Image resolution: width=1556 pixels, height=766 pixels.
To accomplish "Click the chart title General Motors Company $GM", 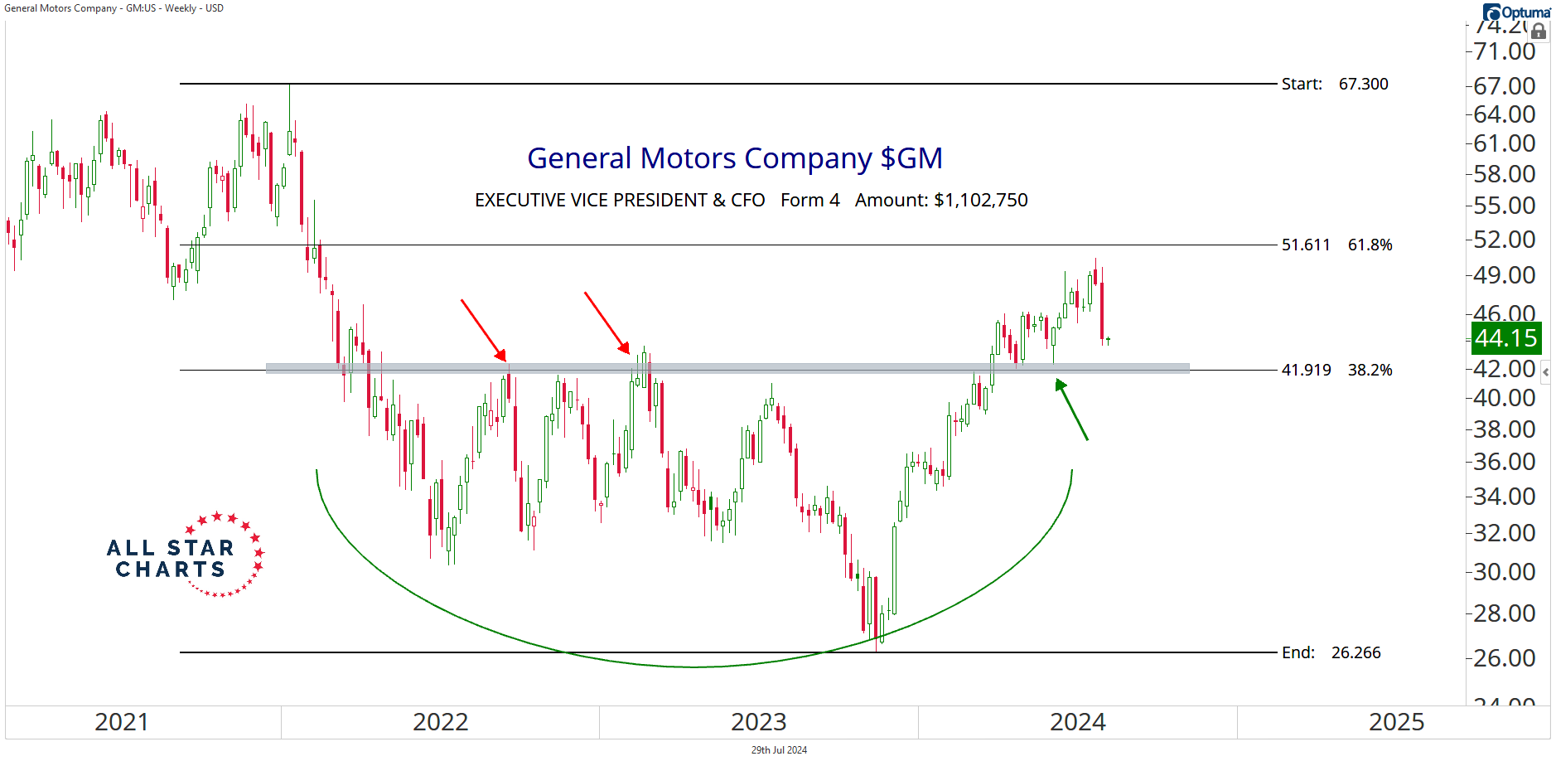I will click(734, 158).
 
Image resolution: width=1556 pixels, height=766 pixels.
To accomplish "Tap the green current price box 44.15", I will click(1505, 338).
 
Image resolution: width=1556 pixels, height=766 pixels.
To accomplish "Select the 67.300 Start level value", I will click(1363, 84).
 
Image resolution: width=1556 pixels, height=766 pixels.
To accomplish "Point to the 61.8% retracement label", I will click(1370, 245).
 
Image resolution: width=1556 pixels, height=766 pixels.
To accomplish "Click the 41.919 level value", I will click(1306, 370).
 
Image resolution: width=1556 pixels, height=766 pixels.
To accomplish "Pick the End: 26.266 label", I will click(1331, 652).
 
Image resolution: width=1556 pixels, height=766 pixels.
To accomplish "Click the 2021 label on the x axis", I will click(121, 722).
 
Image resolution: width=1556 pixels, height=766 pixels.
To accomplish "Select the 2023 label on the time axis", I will click(758, 722).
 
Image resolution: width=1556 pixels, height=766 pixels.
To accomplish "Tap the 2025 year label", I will click(1396, 722).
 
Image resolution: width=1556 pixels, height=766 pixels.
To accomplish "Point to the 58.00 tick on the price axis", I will click(1504, 174).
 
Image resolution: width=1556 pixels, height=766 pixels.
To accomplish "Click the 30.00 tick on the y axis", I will click(1504, 572).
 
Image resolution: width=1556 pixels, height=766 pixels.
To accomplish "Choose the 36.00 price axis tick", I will click(1504, 462).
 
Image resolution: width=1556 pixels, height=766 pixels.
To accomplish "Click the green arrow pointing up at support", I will click(1071, 410).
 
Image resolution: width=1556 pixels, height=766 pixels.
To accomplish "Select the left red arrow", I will click(483, 330).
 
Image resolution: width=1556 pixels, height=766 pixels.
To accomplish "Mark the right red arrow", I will click(606, 322).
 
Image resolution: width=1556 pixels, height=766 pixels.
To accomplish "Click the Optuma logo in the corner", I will click(1516, 12).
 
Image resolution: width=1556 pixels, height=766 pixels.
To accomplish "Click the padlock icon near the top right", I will click(1539, 32).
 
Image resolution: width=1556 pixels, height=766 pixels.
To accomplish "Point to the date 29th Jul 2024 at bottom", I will click(779, 750).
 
